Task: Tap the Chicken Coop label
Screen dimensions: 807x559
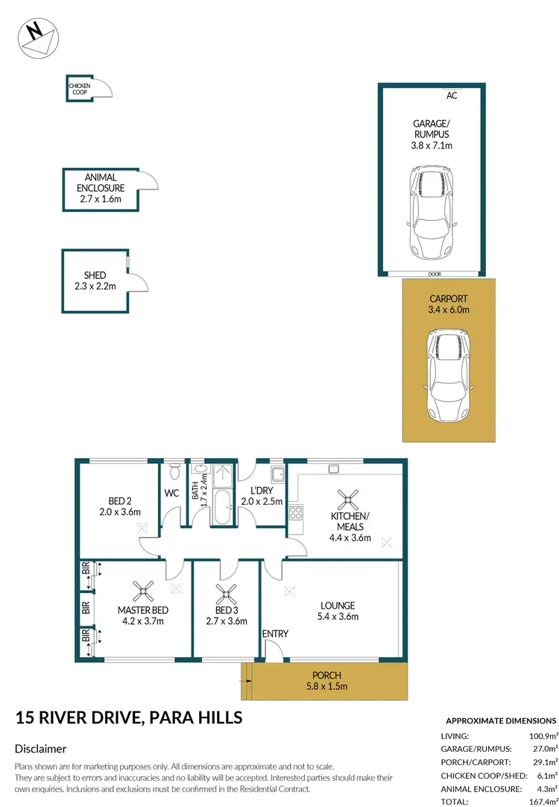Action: [x=80, y=89]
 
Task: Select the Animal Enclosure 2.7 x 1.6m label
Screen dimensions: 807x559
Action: [x=99, y=188]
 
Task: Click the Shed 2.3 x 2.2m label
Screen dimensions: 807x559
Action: [x=95, y=280]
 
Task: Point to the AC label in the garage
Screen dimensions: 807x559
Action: [x=451, y=95]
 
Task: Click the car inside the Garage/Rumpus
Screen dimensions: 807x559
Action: [x=429, y=213]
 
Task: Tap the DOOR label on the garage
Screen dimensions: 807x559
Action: [x=435, y=274]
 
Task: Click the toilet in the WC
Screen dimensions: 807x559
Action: [x=174, y=471]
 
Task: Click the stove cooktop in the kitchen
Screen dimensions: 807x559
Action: [x=295, y=512]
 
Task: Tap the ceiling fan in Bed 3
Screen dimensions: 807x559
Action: [x=226, y=594]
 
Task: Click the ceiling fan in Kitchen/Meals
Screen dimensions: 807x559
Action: [x=347, y=499]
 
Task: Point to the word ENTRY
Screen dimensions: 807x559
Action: [x=275, y=634]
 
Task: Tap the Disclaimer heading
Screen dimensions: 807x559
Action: [x=41, y=749]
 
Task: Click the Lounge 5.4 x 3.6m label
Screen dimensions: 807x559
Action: [x=338, y=611]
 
